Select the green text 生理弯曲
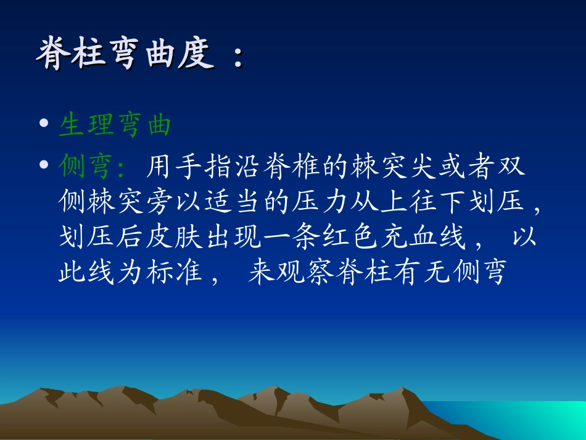tap(115, 126)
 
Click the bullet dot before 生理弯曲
tap(43, 126)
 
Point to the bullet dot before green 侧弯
tap(43, 165)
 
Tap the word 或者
tap(456, 166)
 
